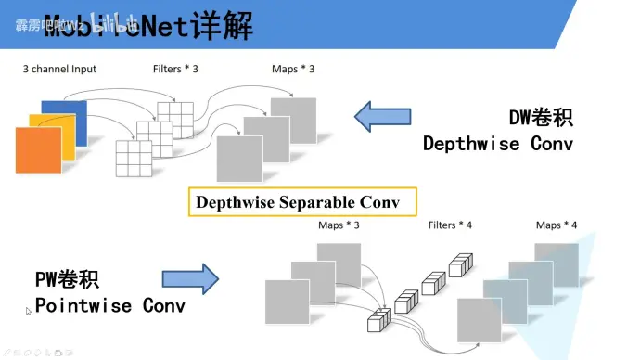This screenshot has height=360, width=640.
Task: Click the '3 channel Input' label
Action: [59, 70]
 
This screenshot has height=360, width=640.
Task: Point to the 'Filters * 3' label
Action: [175, 70]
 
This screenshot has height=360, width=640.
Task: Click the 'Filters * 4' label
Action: [450, 225]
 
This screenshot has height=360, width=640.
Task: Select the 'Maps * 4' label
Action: [557, 225]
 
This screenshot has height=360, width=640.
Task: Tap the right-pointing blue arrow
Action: [189, 278]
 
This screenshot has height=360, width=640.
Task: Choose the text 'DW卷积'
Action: [541, 118]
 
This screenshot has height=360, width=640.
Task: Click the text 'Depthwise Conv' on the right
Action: [498, 144]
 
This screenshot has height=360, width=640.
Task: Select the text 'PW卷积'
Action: [67, 279]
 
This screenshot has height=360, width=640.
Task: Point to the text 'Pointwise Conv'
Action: [110, 305]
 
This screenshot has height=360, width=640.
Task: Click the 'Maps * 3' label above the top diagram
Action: [293, 70]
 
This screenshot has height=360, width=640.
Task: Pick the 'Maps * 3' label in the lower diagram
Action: [339, 225]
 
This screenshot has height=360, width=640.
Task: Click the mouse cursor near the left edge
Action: [28, 311]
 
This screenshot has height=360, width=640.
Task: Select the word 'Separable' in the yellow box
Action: [314, 201]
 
